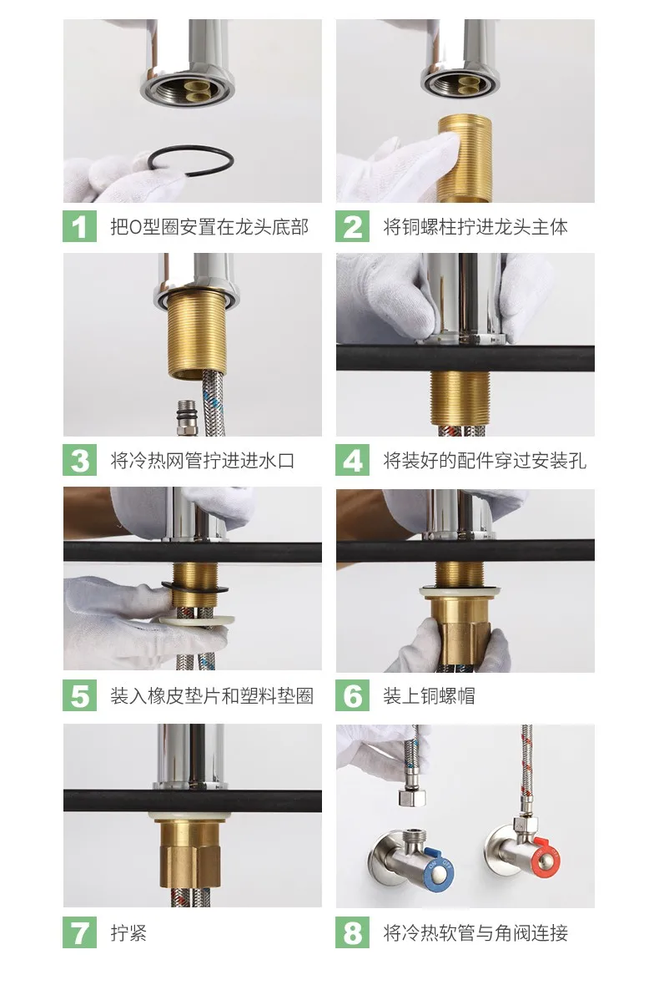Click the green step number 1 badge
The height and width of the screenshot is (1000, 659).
tap(80, 226)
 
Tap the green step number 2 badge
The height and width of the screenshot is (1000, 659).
tap(353, 226)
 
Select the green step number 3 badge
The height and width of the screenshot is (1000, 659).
tap(80, 461)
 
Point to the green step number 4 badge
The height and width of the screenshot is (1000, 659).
tap(353, 461)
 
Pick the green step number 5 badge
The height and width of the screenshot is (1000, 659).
tap(80, 695)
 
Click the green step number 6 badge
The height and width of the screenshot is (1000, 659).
tap(353, 695)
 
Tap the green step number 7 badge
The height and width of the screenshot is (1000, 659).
tap(80, 932)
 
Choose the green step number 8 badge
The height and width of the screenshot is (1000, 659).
tap(353, 932)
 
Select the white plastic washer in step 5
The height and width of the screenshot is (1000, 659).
tap(196, 620)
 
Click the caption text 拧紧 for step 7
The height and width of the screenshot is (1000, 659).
tap(128, 933)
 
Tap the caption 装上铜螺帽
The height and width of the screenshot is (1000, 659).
tap(429, 696)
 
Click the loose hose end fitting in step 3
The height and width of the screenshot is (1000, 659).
tap(186, 417)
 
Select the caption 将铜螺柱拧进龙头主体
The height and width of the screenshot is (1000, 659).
tap(475, 226)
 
